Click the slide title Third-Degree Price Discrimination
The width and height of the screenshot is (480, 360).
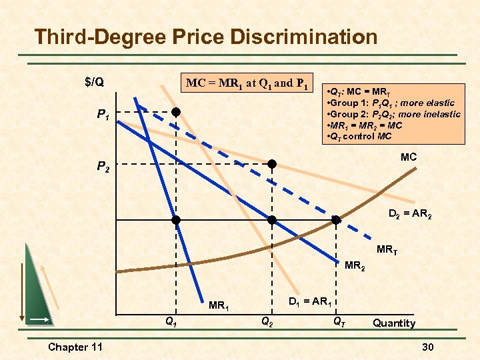click(205, 36)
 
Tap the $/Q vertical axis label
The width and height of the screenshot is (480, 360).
click(94, 82)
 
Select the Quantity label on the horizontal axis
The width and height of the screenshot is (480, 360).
click(393, 323)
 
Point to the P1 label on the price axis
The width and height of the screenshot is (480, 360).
click(103, 115)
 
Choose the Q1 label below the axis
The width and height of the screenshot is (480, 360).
click(171, 321)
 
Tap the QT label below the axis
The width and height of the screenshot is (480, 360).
click(339, 321)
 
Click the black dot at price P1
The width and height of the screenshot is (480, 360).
click(176, 112)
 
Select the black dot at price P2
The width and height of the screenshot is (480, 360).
click(272, 163)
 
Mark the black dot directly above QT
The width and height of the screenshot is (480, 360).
click(336, 220)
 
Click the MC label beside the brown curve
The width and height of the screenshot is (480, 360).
click(409, 157)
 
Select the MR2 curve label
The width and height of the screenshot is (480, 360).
click(355, 267)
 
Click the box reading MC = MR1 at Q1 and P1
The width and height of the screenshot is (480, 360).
click(247, 84)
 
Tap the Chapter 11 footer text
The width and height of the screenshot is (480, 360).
click(75, 347)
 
